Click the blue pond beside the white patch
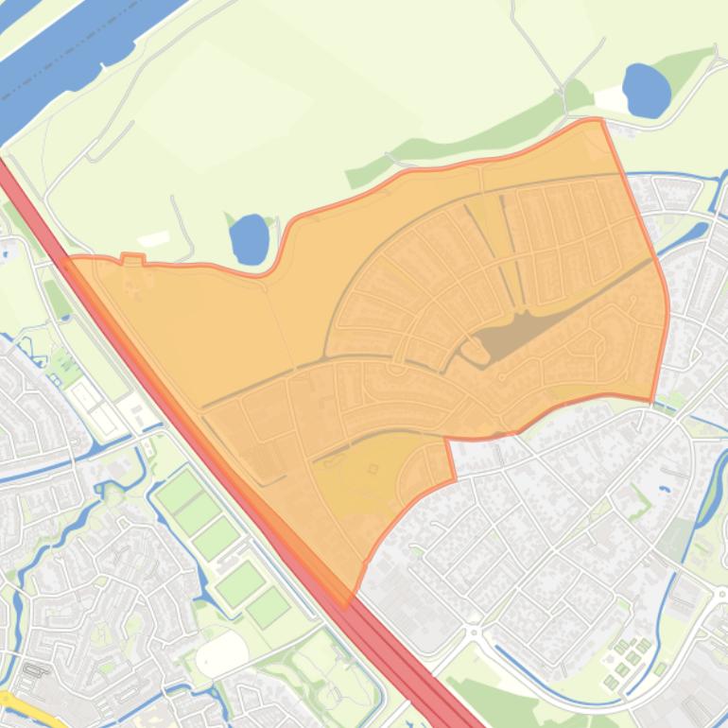(x=648, y=90)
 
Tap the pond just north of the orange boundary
(x=249, y=238)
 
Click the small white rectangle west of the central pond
(x=153, y=238)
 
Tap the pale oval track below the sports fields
(x=223, y=653)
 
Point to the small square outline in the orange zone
(x=373, y=468)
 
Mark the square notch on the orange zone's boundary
(x=132, y=258)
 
